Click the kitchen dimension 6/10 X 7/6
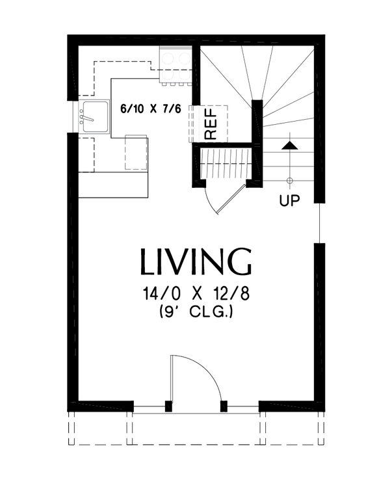pos(149,109)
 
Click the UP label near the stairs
pos(289,201)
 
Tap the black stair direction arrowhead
pos(289,144)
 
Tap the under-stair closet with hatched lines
pos(225,165)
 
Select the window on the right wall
pos(320,222)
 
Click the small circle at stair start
pos(289,179)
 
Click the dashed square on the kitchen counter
pos(136,153)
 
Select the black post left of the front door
pos(168,406)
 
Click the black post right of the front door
pos(224,406)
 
